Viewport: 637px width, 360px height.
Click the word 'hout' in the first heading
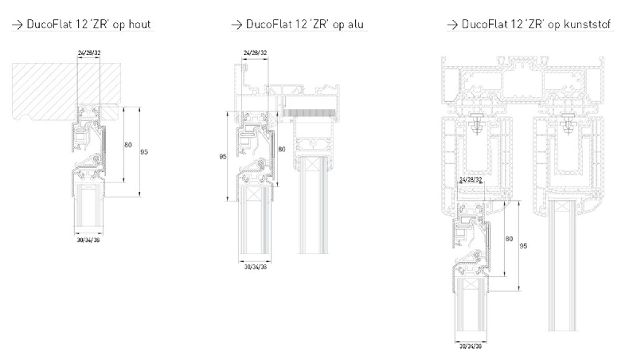click(140, 24)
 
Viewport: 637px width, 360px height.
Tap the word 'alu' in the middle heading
click(355, 24)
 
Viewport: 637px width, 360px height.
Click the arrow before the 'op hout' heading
click(18, 25)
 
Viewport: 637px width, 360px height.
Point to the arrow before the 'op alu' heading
click(236, 25)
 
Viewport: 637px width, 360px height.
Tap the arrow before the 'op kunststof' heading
click(452, 25)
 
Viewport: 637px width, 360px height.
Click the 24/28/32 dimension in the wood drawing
click(89, 53)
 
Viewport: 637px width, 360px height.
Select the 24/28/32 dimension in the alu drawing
click(255, 53)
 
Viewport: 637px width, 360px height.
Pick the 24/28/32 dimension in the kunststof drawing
click(471, 179)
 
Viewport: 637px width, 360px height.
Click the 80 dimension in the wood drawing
click(128, 145)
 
